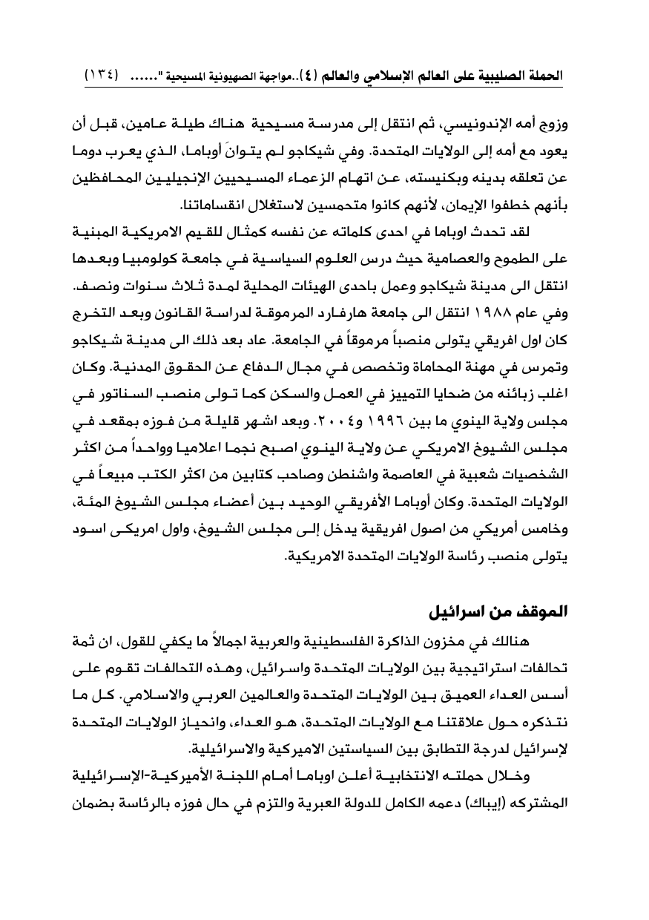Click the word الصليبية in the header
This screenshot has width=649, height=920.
pyautogui.click(x=497, y=76)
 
